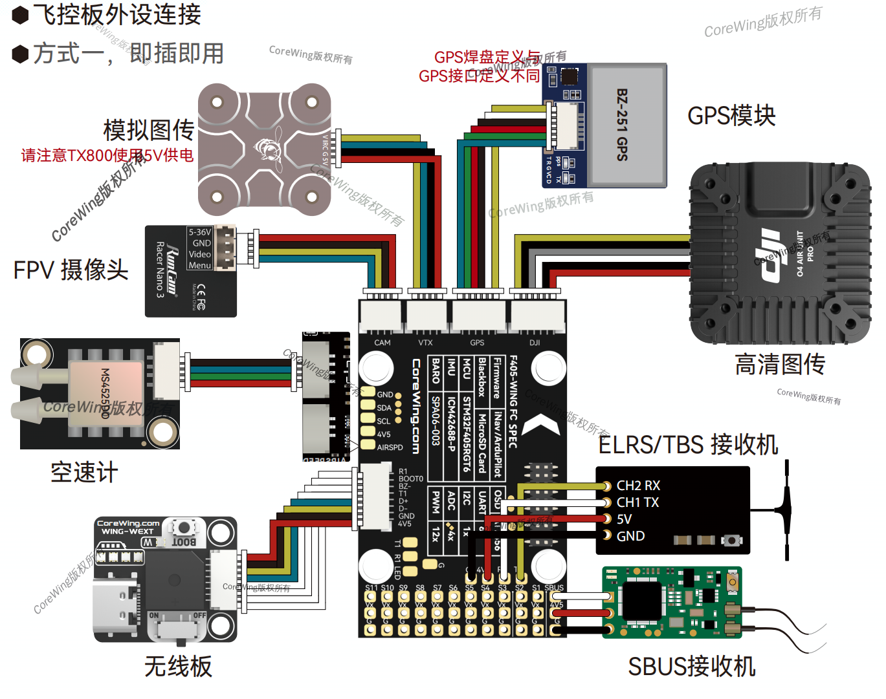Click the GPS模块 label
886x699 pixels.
(731, 116)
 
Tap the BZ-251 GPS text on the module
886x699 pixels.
(622, 125)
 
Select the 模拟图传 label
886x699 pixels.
(148, 130)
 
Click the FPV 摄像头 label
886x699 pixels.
(71, 270)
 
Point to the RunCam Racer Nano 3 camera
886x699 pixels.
(190, 272)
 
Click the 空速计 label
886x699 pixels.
(84, 472)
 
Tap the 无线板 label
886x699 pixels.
(178, 666)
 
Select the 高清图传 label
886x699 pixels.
(779, 364)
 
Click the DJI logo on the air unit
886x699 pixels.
(770, 255)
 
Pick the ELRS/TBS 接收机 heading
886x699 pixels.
(687, 445)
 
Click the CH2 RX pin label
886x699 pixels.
(638, 486)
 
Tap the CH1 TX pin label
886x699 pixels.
(637, 502)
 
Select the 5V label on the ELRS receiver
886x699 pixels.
(624, 519)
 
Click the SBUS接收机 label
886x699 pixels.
(691, 666)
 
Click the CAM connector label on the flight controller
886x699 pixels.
(382, 343)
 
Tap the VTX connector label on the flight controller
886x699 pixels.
(425, 343)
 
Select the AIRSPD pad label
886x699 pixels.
(390, 447)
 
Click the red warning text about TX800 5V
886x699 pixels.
(107, 155)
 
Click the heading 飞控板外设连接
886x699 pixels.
(116, 14)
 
